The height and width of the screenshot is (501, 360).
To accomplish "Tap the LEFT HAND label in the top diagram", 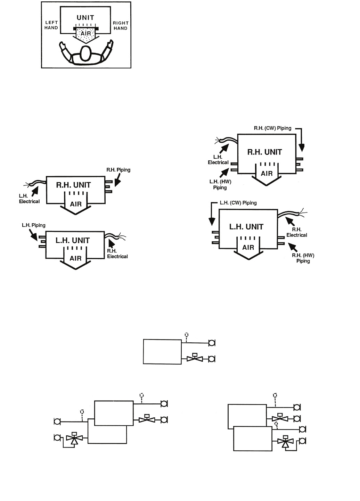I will pyautogui.click(x=51, y=25).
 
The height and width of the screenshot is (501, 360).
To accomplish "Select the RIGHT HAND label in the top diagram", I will pyautogui.click(x=121, y=25).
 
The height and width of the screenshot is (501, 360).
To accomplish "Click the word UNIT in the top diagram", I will pyautogui.click(x=85, y=17).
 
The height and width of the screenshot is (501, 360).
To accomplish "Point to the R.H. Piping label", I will pyautogui.click(x=118, y=170).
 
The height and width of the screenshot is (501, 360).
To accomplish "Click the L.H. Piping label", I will pyautogui.click(x=34, y=225).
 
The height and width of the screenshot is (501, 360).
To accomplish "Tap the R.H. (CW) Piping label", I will pyautogui.click(x=272, y=128).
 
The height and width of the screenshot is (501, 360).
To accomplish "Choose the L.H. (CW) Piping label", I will pyautogui.click(x=238, y=203).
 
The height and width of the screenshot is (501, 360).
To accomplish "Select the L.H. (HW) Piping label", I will pyautogui.click(x=220, y=184).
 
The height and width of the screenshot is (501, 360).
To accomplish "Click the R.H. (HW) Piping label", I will pyautogui.click(x=303, y=258).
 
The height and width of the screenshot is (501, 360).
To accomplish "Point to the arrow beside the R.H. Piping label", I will pyautogui.click(x=117, y=180).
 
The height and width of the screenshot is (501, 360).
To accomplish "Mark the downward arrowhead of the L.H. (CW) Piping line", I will pyautogui.click(x=212, y=221).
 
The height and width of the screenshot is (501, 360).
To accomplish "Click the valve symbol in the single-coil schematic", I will pyautogui.click(x=195, y=358).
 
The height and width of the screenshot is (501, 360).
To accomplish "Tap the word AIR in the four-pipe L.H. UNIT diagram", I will pyautogui.click(x=248, y=248).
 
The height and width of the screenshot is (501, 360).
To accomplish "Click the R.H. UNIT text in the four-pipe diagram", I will pyautogui.click(x=264, y=152).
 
